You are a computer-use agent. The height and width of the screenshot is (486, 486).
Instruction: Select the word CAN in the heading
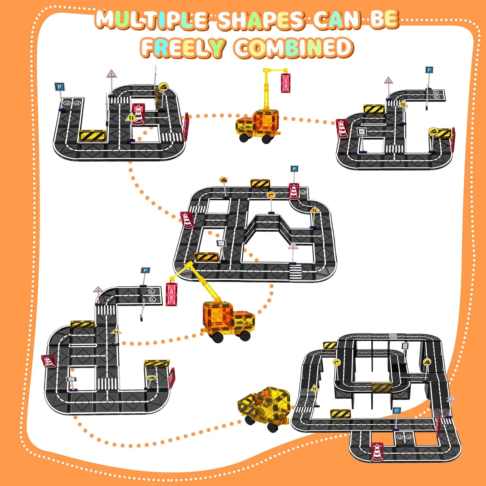point(337,19)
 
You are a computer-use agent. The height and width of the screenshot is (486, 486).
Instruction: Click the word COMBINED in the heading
point(293,47)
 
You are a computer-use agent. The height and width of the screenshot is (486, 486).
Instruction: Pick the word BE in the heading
point(384,19)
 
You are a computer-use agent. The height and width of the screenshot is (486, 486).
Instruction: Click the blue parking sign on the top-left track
point(60,87)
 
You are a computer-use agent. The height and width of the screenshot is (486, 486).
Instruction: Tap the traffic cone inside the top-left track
point(138,114)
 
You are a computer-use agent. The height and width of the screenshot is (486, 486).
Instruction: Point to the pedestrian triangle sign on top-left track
point(111,74)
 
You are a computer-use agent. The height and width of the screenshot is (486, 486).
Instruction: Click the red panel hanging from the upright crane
point(286,83)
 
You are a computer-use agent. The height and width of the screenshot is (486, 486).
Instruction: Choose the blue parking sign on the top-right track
point(429,70)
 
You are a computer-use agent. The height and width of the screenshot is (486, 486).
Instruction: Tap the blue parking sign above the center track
point(294,169)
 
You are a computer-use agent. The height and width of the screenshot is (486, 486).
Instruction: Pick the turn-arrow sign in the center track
point(271,195)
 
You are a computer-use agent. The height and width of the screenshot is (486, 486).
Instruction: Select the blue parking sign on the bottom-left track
point(145,271)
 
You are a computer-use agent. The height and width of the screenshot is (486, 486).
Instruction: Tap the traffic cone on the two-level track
point(377,452)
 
